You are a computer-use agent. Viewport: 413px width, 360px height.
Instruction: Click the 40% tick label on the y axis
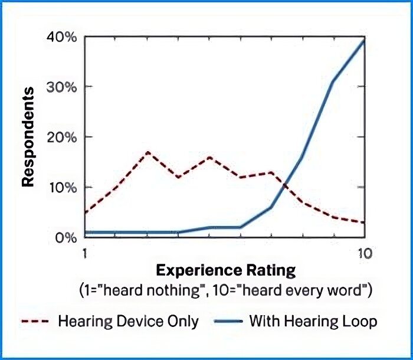[63, 37]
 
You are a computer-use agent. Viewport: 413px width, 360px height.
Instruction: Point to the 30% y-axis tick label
[63, 87]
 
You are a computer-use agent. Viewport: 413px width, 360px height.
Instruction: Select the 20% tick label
[63, 137]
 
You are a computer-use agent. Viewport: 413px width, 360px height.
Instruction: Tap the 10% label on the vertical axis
[63, 188]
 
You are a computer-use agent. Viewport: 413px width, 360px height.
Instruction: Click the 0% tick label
[66, 238]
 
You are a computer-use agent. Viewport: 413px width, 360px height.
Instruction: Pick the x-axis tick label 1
[86, 253]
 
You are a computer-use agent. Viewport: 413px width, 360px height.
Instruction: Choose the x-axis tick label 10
[363, 253]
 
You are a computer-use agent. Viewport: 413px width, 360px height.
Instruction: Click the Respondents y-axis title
[28, 137]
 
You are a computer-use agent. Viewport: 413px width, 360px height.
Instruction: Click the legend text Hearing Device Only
[128, 322]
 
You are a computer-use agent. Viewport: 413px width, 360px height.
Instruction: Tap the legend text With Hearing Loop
[313, 322]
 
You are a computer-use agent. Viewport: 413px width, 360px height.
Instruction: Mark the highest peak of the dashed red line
[147, 152]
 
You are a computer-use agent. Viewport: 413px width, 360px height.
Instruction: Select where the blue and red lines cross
[283, 184]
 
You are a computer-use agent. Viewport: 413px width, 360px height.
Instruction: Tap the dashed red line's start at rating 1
[86, 212]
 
